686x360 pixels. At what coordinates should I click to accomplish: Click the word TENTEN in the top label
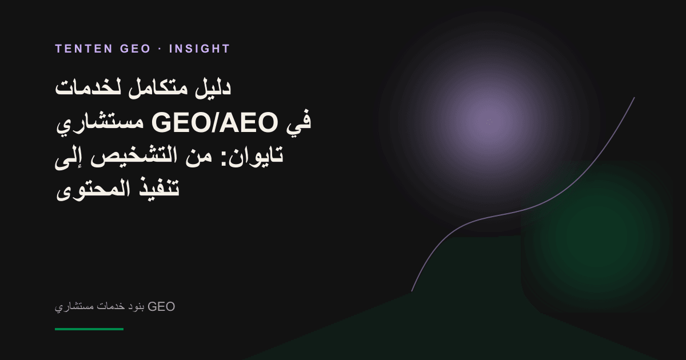click(83, 49)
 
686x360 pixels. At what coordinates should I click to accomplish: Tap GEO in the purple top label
click(135, 49)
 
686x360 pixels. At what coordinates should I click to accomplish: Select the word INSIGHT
click(200, 49)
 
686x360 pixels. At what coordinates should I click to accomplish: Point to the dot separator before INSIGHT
click(160, 49)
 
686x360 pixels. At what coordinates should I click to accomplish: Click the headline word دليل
click(213, 89)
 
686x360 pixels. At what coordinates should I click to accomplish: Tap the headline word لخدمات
click(88, 89)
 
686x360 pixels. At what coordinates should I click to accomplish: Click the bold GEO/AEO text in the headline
click(214, 122)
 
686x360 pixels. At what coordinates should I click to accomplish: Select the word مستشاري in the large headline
click(99, 123)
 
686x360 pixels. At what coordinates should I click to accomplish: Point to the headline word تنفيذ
click(159, 188)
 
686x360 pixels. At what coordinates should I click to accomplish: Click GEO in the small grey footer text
click(161, 306)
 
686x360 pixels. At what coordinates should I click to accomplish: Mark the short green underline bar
click(89, 329)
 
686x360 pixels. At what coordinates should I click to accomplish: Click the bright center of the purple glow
click(489, 122)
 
